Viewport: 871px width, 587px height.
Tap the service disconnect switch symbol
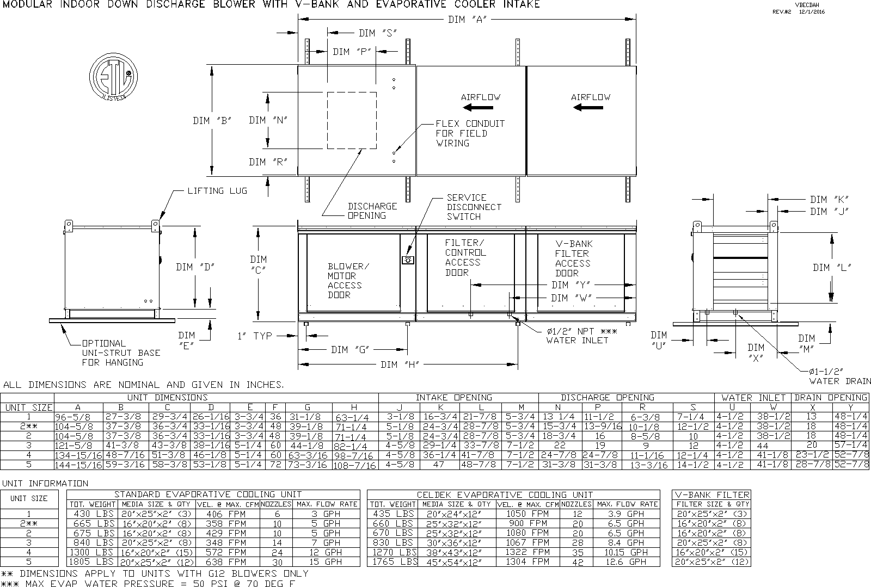point(406,260)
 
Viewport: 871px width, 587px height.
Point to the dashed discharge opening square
point(352,120)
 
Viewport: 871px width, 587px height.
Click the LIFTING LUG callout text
point(217,191)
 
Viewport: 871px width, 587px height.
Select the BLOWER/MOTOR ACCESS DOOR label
point(348,281)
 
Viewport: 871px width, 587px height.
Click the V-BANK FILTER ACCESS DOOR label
point(573,258)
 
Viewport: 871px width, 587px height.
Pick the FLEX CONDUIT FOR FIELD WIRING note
point(470,133)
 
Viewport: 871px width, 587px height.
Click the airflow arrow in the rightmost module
point(588,108)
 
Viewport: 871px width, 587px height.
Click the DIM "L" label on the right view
point(831,267)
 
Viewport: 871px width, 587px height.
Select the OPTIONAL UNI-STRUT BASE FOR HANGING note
point(121,353)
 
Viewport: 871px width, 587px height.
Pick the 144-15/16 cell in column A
point(78,465)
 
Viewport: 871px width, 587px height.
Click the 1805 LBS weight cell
point(91,561)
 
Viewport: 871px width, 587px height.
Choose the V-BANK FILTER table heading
point(712,495)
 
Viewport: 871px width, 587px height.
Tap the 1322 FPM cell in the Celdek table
point(527,552)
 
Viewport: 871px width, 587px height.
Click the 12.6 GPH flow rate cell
point(627,562)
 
